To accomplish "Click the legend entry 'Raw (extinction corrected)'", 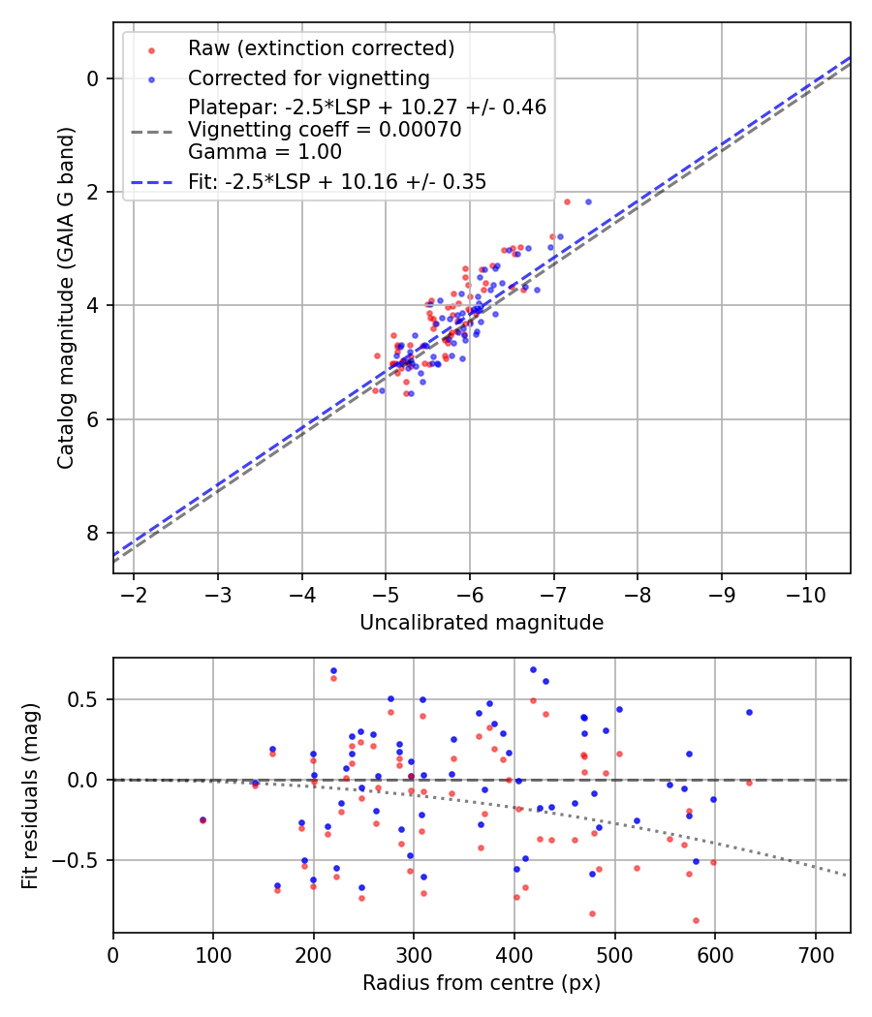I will (321, 48).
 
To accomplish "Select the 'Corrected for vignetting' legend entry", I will (308, 78).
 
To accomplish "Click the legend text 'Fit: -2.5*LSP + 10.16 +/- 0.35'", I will (337, 181).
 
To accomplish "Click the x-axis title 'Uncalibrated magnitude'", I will (482, 623).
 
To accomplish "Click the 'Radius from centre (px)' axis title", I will (482, 983).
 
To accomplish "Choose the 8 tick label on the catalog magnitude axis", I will (94, 534).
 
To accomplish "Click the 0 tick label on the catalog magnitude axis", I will (94, 78).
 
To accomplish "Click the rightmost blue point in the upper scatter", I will (588, 201).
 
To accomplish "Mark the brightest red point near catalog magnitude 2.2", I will (567, 201).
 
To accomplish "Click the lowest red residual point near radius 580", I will (696, 920).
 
